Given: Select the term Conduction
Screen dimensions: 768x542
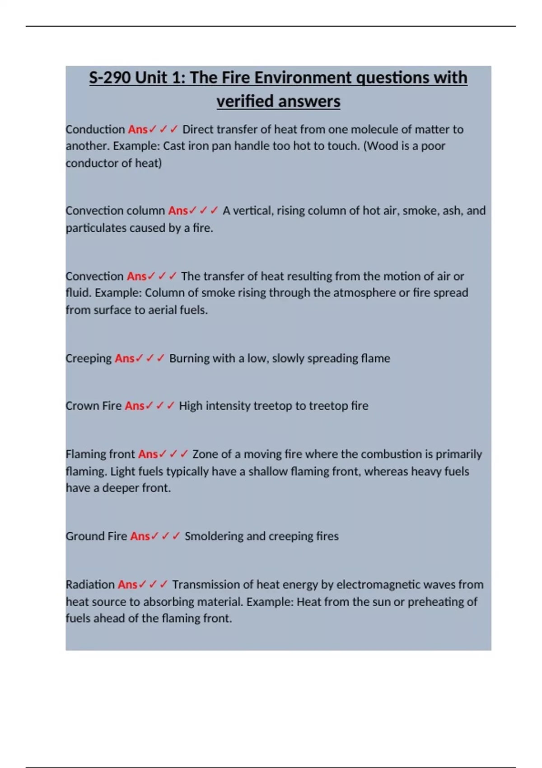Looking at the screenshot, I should click(x=95, y=129).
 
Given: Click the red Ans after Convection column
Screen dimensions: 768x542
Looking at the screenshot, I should click(x=178, y=211).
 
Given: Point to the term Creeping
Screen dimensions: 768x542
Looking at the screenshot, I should click(x=89, y=358).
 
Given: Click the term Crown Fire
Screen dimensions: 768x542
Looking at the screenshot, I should click(x=93, y=406).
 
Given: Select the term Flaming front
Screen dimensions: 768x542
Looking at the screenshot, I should click(x=100, y=454).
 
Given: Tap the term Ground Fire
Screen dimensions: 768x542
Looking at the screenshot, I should click(x=96, y=536).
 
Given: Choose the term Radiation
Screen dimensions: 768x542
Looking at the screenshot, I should click(x=90, y=585).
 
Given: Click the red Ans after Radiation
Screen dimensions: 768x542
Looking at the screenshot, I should click(x=127, y=585).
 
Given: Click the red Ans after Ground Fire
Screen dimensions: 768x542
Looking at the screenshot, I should click(x=140, y=536).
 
